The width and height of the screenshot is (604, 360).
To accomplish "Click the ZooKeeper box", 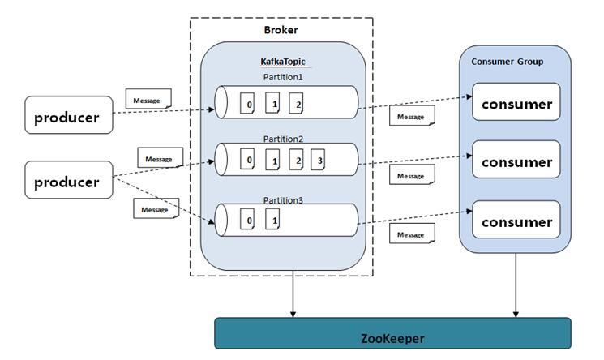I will (x=392, y=335).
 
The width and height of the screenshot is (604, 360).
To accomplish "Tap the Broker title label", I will (x=281, y=30).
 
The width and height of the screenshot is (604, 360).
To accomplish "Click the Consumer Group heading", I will (x=508, y=62).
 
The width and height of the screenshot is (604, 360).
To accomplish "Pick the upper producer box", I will (x=66, y=117).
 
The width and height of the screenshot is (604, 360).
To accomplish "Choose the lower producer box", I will (x=66, y=182).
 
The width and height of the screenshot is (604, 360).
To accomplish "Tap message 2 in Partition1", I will (x=298, y=105).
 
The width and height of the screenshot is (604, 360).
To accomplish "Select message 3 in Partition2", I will (x=318, y=161).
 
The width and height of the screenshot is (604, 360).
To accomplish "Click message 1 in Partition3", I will (x=275, y=220).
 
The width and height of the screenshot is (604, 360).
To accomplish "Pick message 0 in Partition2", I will (x=251, y=161).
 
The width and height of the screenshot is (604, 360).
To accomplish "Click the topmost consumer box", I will (x=516, y=103).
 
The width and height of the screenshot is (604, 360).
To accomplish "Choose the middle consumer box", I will (x=516, y=161).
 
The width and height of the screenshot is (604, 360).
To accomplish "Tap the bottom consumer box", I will (x=516, y=221).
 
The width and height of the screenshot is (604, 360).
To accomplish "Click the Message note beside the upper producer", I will (x=148, y=101).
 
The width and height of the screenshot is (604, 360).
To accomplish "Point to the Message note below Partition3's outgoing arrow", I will (x=411, y=234).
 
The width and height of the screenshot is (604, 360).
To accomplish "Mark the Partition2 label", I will (x=284, y=138).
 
